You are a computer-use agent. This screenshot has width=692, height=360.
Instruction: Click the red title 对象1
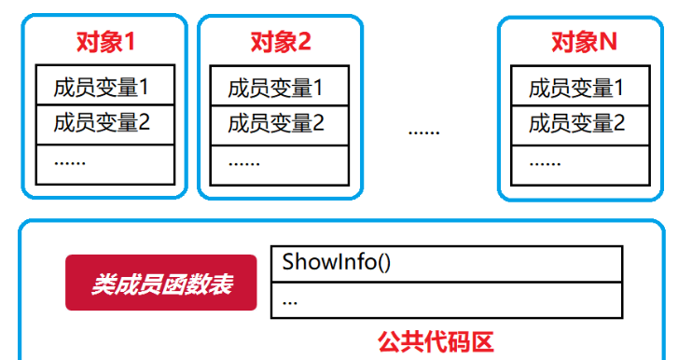(104, 42)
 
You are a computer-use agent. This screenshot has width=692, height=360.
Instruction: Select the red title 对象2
(280, 42)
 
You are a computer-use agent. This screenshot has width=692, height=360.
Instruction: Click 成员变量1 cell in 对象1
(104, 88)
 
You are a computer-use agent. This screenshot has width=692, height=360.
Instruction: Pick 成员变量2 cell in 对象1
(104, 124)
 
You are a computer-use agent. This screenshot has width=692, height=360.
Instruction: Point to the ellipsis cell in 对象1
(104, 162)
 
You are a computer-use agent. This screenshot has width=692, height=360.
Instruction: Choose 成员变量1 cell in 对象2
(280, 88)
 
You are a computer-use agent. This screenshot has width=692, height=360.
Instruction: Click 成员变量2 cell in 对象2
(280, 124)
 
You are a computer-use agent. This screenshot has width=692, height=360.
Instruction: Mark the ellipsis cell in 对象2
(280, 162)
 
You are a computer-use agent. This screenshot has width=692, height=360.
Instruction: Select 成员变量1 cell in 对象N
(580, 88)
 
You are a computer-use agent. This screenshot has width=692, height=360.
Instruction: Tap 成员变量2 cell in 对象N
(580, 124)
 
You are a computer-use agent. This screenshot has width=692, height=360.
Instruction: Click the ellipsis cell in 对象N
(580, 162)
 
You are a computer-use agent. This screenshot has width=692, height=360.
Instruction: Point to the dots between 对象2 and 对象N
(423, 131)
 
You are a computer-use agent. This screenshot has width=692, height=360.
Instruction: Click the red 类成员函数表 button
(160, 282)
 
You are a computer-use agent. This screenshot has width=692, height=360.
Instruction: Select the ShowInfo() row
(447, 263)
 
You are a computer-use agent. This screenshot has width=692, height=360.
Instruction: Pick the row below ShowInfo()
(447, 300)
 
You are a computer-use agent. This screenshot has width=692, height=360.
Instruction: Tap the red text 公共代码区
(448, 341)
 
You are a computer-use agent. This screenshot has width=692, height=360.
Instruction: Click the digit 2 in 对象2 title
(304, 42)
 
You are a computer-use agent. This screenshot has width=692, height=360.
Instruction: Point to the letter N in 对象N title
(608, 42)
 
